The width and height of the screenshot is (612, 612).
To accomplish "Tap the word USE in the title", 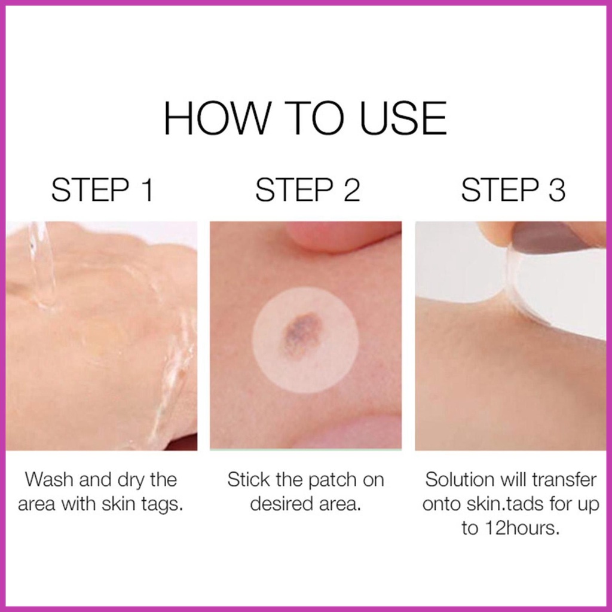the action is coord(403,118).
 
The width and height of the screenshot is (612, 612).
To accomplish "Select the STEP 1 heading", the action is coord(102,189).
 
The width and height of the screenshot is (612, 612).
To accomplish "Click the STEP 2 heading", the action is coord(307,189).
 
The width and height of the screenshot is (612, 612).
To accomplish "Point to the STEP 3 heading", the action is coord(513,189).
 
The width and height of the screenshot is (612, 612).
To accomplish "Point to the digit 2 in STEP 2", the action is coord(351,189).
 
